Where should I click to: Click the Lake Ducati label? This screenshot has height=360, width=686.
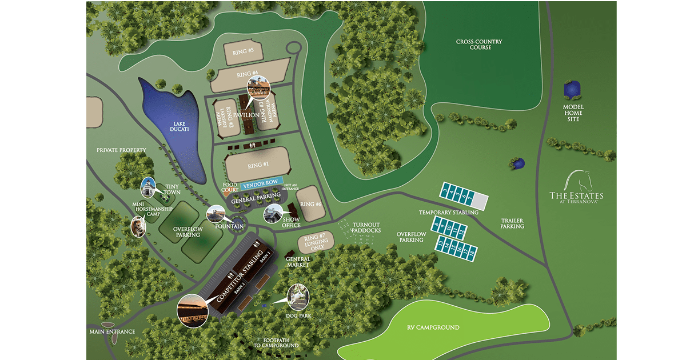click(x=171, y=129)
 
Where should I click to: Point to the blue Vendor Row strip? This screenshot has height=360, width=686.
click(x=261, y=184)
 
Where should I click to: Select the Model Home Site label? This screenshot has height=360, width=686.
click(x=572, y=113)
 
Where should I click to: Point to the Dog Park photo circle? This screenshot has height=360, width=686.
click(x=298, y=296)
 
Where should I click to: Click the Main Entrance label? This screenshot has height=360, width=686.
click(x=112, y=331)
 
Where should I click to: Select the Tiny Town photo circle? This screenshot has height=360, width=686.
click(x=149, y=187)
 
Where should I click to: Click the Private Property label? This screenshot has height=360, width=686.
click(x=121, y=150)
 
